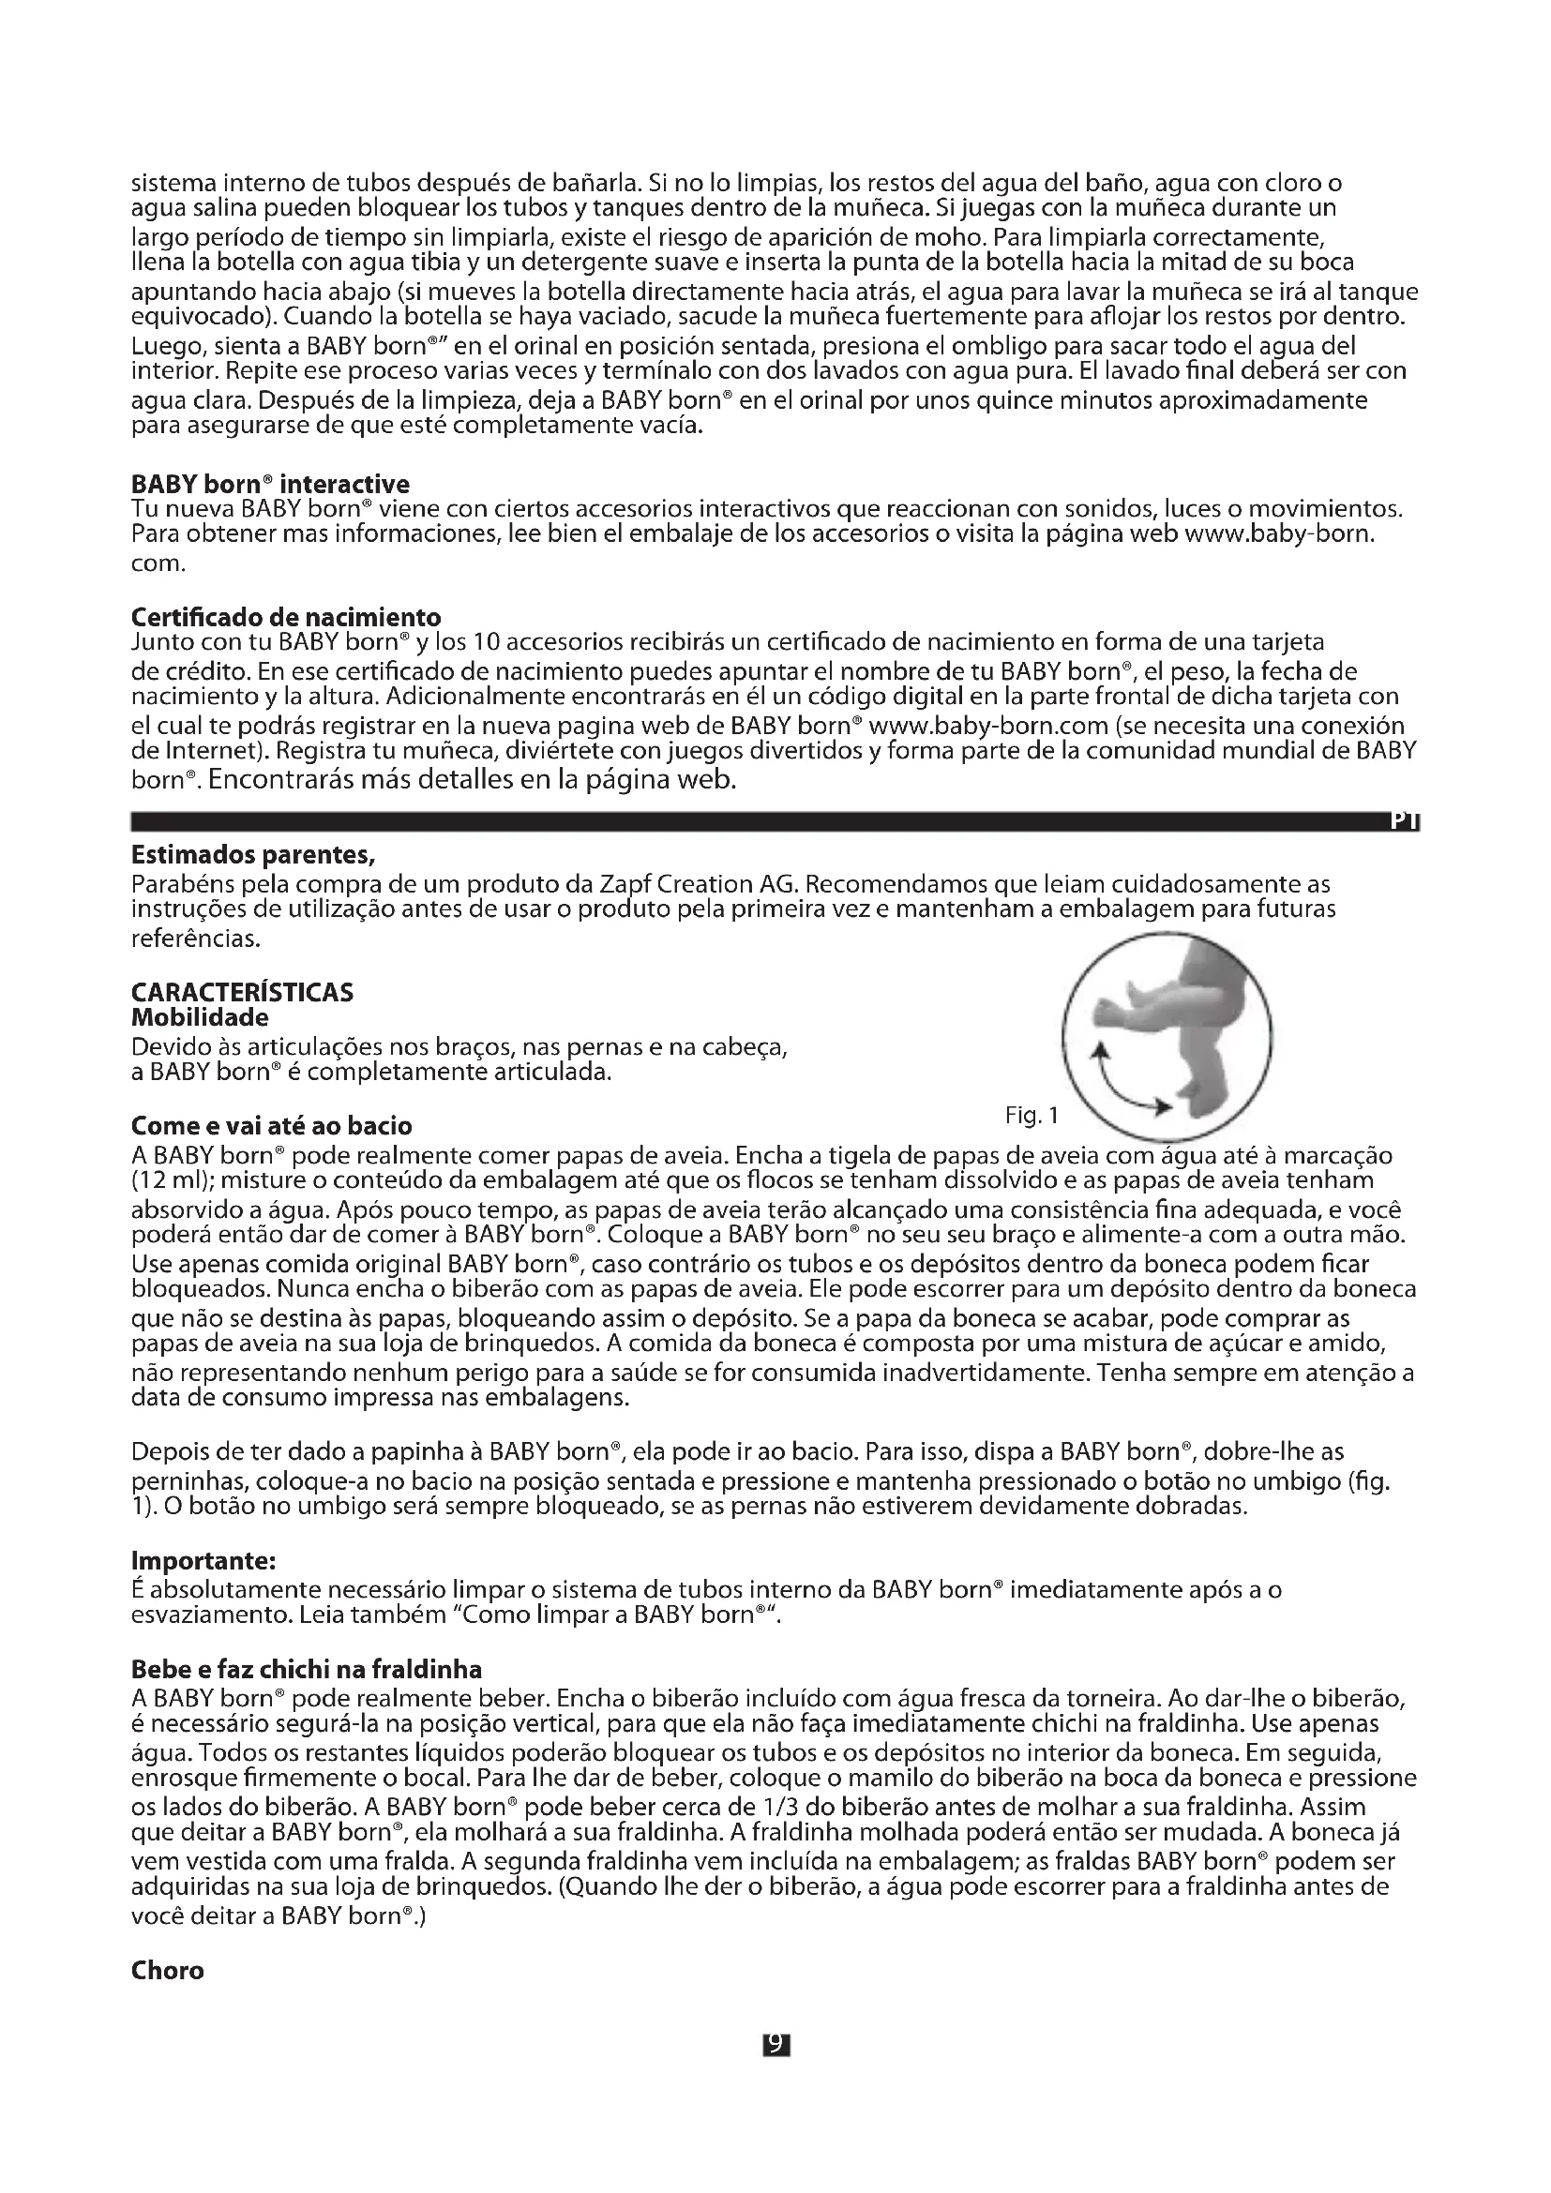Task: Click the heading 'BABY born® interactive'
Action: click(x=270, y=484)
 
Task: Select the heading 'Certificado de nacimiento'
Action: click(x=286, y=617)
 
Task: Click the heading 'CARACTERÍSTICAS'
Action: click(x=242, y=992)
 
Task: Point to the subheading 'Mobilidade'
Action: click(x=200, y=1017)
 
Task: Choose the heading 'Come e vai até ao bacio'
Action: click(x=271, y=1126)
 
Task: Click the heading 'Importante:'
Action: click(x=203, y=1561)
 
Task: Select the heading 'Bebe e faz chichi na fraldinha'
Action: click(x=306, y=1670)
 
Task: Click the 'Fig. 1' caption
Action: click(x=1031, y=1115)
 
